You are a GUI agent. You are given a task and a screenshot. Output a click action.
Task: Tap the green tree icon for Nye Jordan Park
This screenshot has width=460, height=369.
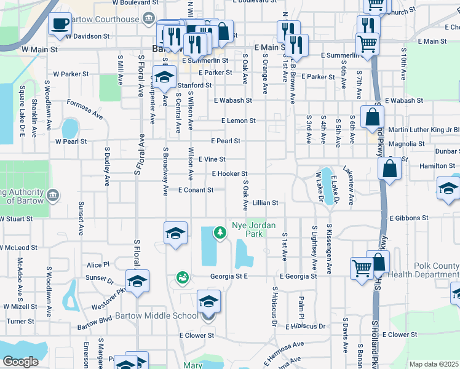coord(220,232)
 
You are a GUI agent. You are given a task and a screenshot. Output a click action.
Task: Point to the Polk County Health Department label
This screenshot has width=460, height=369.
coord(424,270)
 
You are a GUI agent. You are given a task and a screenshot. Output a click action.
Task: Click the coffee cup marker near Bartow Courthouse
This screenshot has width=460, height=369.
coord(60,24)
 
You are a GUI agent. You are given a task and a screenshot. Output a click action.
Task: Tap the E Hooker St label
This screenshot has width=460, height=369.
coord(229,174)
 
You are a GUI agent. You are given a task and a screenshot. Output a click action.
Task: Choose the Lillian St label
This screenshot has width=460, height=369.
coord(265,202)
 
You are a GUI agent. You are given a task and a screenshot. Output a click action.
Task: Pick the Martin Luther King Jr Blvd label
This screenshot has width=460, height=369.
coord(424,130)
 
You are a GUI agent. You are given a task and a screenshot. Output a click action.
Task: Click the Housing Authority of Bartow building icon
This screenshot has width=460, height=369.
coord(53,196)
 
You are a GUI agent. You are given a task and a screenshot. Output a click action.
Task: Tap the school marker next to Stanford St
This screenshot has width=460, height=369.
coord(164,77)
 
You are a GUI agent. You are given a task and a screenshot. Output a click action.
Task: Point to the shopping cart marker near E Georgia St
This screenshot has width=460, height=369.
coord(362,268)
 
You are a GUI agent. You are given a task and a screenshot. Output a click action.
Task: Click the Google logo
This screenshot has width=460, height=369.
coord(20,362)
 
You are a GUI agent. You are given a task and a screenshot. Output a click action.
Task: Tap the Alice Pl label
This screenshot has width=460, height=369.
coord(98,264)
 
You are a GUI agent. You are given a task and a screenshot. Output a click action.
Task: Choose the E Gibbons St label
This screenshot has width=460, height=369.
coord(409,218)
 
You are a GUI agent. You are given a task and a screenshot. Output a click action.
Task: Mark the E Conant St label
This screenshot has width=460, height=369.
coord(196,190)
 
